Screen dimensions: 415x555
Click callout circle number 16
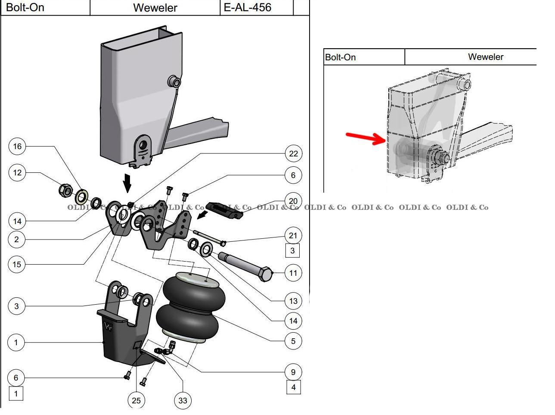(17, 146)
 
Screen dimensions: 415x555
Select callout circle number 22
(293, 153)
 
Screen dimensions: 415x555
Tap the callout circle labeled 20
(293, 201)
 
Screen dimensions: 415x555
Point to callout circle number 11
(293, 273)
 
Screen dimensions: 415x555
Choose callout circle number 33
(183, 400)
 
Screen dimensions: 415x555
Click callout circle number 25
(136, 400)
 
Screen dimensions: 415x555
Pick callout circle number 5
(293, 341)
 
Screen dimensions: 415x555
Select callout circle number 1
(16, 343)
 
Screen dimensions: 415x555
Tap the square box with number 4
(294, 387)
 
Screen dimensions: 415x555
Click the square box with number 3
(293, 250)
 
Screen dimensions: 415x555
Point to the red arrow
(365, 138)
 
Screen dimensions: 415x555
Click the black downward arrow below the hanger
(127, 183)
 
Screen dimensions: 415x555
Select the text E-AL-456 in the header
(248, 7)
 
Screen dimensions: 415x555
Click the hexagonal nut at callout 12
(65, 190)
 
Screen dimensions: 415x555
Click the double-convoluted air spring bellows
(191, 308)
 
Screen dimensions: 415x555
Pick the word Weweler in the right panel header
(485, 57)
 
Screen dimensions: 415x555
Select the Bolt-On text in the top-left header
(25, 7)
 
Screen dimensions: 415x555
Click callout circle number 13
(293, 301)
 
